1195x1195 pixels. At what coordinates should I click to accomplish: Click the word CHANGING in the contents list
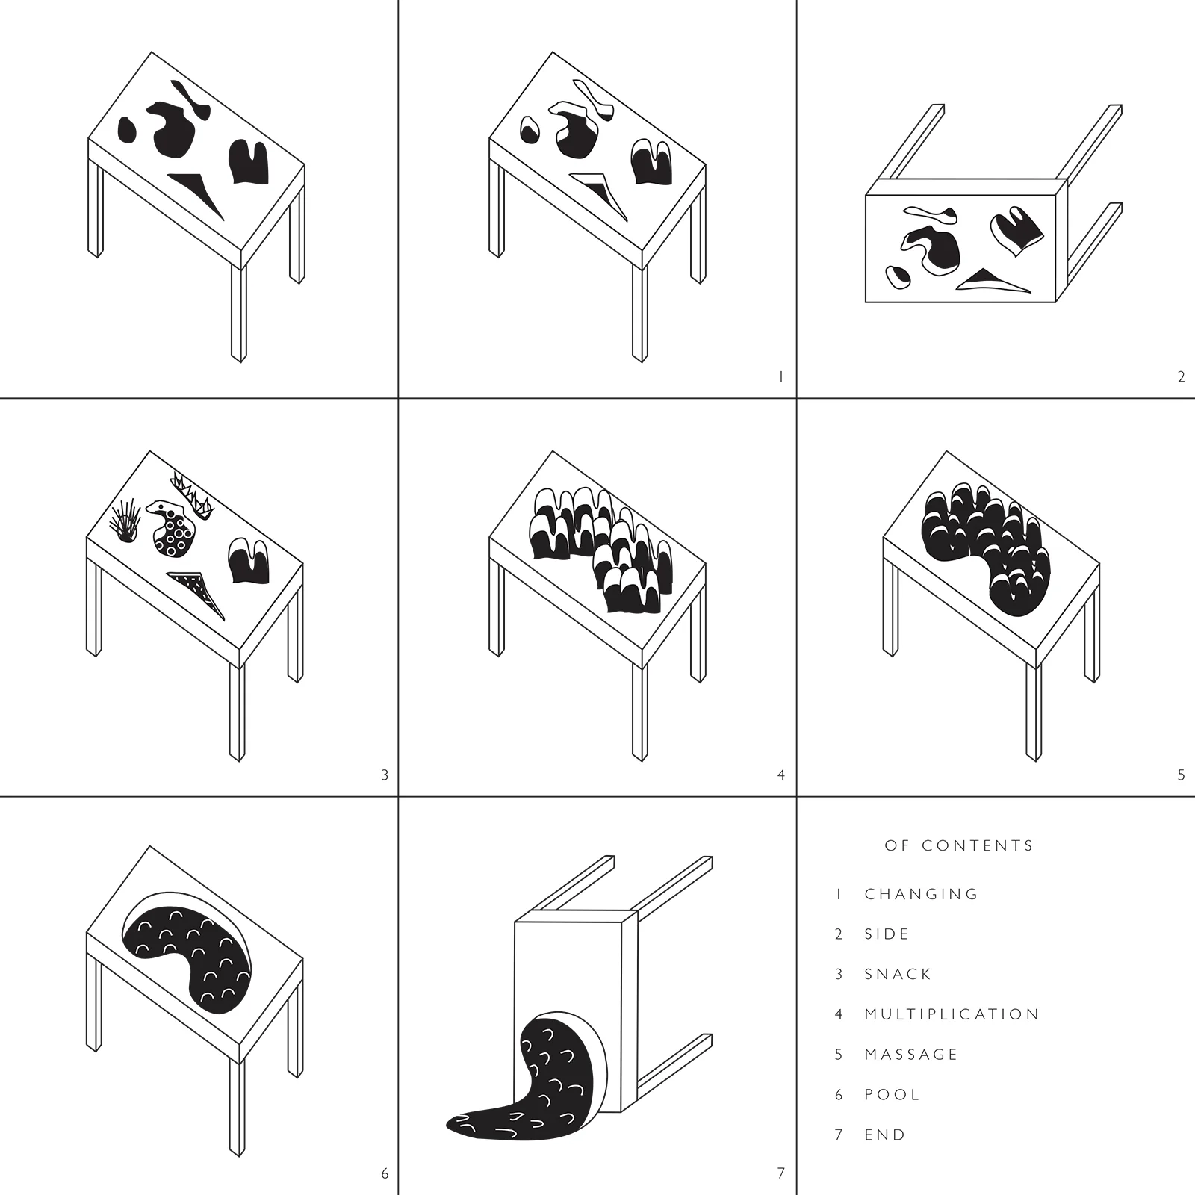[921, 894]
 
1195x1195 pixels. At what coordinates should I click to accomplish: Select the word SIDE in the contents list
[887, 934]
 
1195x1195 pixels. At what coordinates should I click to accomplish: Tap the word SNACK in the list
[898, 974]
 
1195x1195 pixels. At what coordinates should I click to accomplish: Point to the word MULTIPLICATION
[952, 1014]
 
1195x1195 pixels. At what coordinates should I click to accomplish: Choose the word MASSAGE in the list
[910, 1055]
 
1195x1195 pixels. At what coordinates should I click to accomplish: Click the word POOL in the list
[892, 1095]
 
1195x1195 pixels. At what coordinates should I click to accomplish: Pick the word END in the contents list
[885, 1135]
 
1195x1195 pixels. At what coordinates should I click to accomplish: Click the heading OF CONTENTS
[959, 845]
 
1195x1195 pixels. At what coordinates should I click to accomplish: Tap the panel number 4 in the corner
[781, 775]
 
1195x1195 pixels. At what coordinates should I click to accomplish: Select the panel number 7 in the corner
[781, 1173]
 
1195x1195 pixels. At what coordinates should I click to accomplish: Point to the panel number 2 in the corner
[1181, 377]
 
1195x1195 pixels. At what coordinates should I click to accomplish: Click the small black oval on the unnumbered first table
[127, 129]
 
